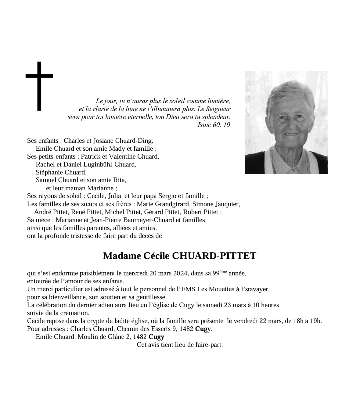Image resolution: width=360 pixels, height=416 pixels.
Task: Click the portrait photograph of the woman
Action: pyautogui.click(x=286, y=123)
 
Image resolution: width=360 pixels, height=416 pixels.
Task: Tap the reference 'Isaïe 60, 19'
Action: pyautogui.click(x=214, y=125)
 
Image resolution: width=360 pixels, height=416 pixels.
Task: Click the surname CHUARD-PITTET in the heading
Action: pyautogui.click(x=214, y=256)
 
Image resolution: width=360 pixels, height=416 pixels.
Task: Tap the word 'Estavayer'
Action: pyautogui.click(x=254, y=289)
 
